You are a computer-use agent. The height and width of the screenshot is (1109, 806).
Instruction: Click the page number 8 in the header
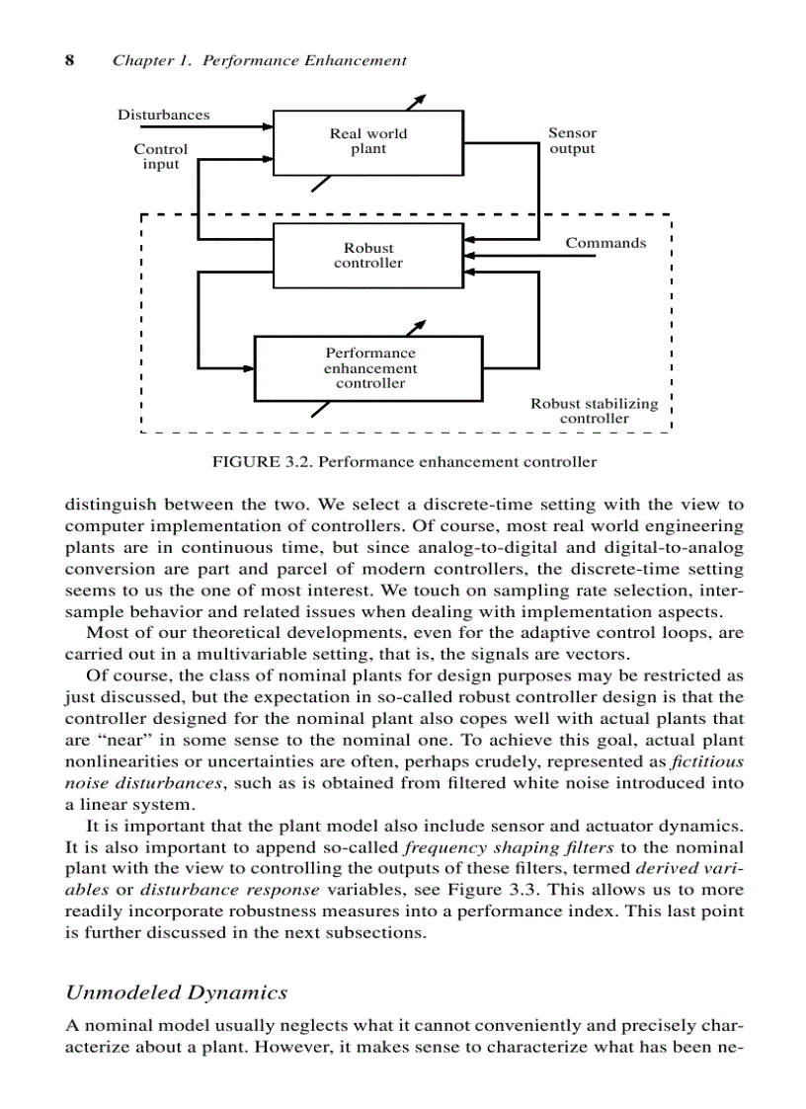(x=70, y=60)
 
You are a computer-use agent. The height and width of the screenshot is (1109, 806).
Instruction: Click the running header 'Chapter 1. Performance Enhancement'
(x=259, y=60)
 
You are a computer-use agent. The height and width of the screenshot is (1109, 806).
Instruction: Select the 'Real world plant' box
(x=367, y=142)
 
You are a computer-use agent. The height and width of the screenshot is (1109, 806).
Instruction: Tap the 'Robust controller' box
(x=367, y=256)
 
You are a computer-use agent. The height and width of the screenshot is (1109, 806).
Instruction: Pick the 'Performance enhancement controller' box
(x=369, y=368)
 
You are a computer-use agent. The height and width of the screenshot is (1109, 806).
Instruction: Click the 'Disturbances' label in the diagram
(x=164, y=115)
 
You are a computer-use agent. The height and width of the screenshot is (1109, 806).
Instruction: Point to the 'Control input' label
(x=161, y=157)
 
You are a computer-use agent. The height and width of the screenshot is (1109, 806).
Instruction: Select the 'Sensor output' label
(x=572, y=141)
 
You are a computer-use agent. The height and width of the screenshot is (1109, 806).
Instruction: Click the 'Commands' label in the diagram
(x=605, y=243)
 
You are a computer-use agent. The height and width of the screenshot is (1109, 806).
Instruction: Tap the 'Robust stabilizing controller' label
(x=594, y=411)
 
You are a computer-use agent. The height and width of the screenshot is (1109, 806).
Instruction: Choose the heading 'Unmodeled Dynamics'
(x=177, y=992)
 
